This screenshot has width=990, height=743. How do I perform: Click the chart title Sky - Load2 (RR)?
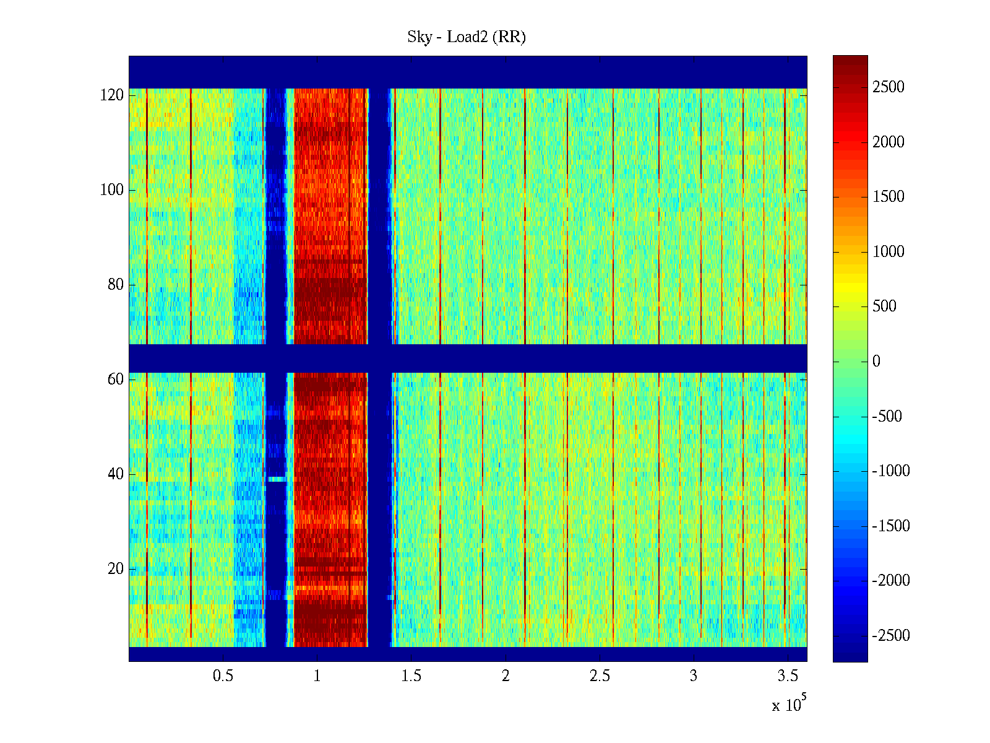coord(467,37)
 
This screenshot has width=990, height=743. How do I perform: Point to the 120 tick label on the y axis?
coord(112,95)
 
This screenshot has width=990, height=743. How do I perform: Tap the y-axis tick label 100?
coord(112,190)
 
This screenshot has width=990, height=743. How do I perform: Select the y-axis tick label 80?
coord(116,285)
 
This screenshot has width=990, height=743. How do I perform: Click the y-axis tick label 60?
coord(116,380)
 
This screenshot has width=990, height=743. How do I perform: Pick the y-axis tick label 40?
coord(116,474)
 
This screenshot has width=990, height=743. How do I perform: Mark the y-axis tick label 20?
coord(116,569)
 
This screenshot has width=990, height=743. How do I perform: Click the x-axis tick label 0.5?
coord(223,676)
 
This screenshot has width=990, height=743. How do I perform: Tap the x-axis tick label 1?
coord(317,676)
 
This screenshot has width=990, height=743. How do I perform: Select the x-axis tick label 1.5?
coord(411,676)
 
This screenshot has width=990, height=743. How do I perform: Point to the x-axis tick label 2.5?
coord(600,676)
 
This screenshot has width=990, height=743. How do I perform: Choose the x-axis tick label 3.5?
coord(788,676)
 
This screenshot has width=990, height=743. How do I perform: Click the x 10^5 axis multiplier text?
coord(788,704)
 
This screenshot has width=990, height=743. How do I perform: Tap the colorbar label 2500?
coord(889,87)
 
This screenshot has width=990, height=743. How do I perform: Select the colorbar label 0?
coord(876,362)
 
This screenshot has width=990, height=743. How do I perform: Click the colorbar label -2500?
coord(891,636)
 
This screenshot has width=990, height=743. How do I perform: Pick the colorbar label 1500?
coord(889,197)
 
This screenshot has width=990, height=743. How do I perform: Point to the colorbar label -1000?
coord(891,471)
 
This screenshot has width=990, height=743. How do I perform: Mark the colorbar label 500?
coord(884,306)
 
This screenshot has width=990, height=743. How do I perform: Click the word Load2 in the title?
coord(467,37)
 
